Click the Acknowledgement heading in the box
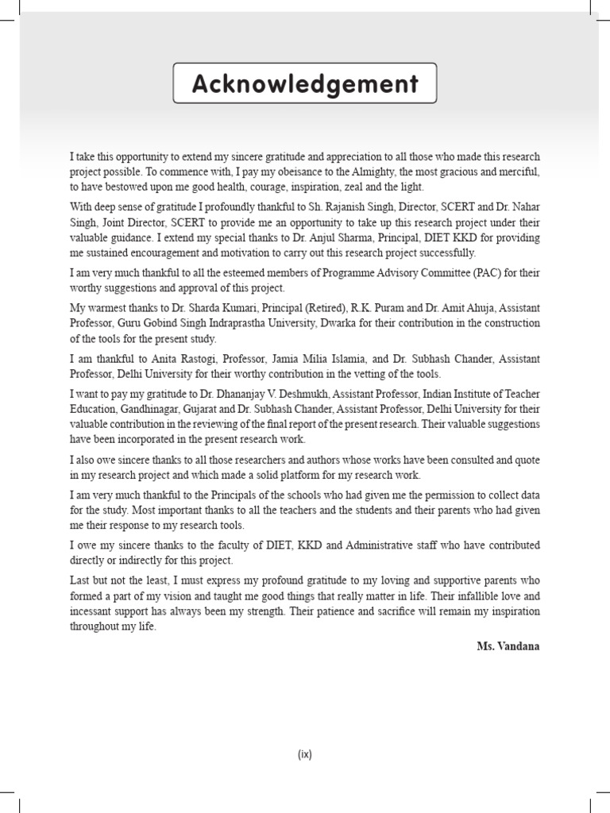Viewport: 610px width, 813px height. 305,84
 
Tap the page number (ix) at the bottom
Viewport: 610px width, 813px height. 305,755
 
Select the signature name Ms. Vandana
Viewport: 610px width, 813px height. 508,646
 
